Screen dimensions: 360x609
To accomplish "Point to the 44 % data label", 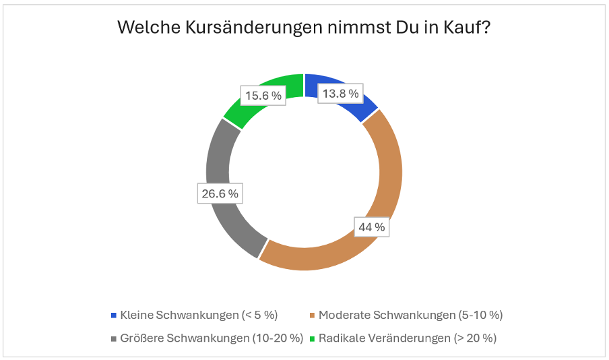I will click(372, 227).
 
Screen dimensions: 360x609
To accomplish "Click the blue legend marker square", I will click(113, 316).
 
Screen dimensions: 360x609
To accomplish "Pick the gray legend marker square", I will click(113, 338).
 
